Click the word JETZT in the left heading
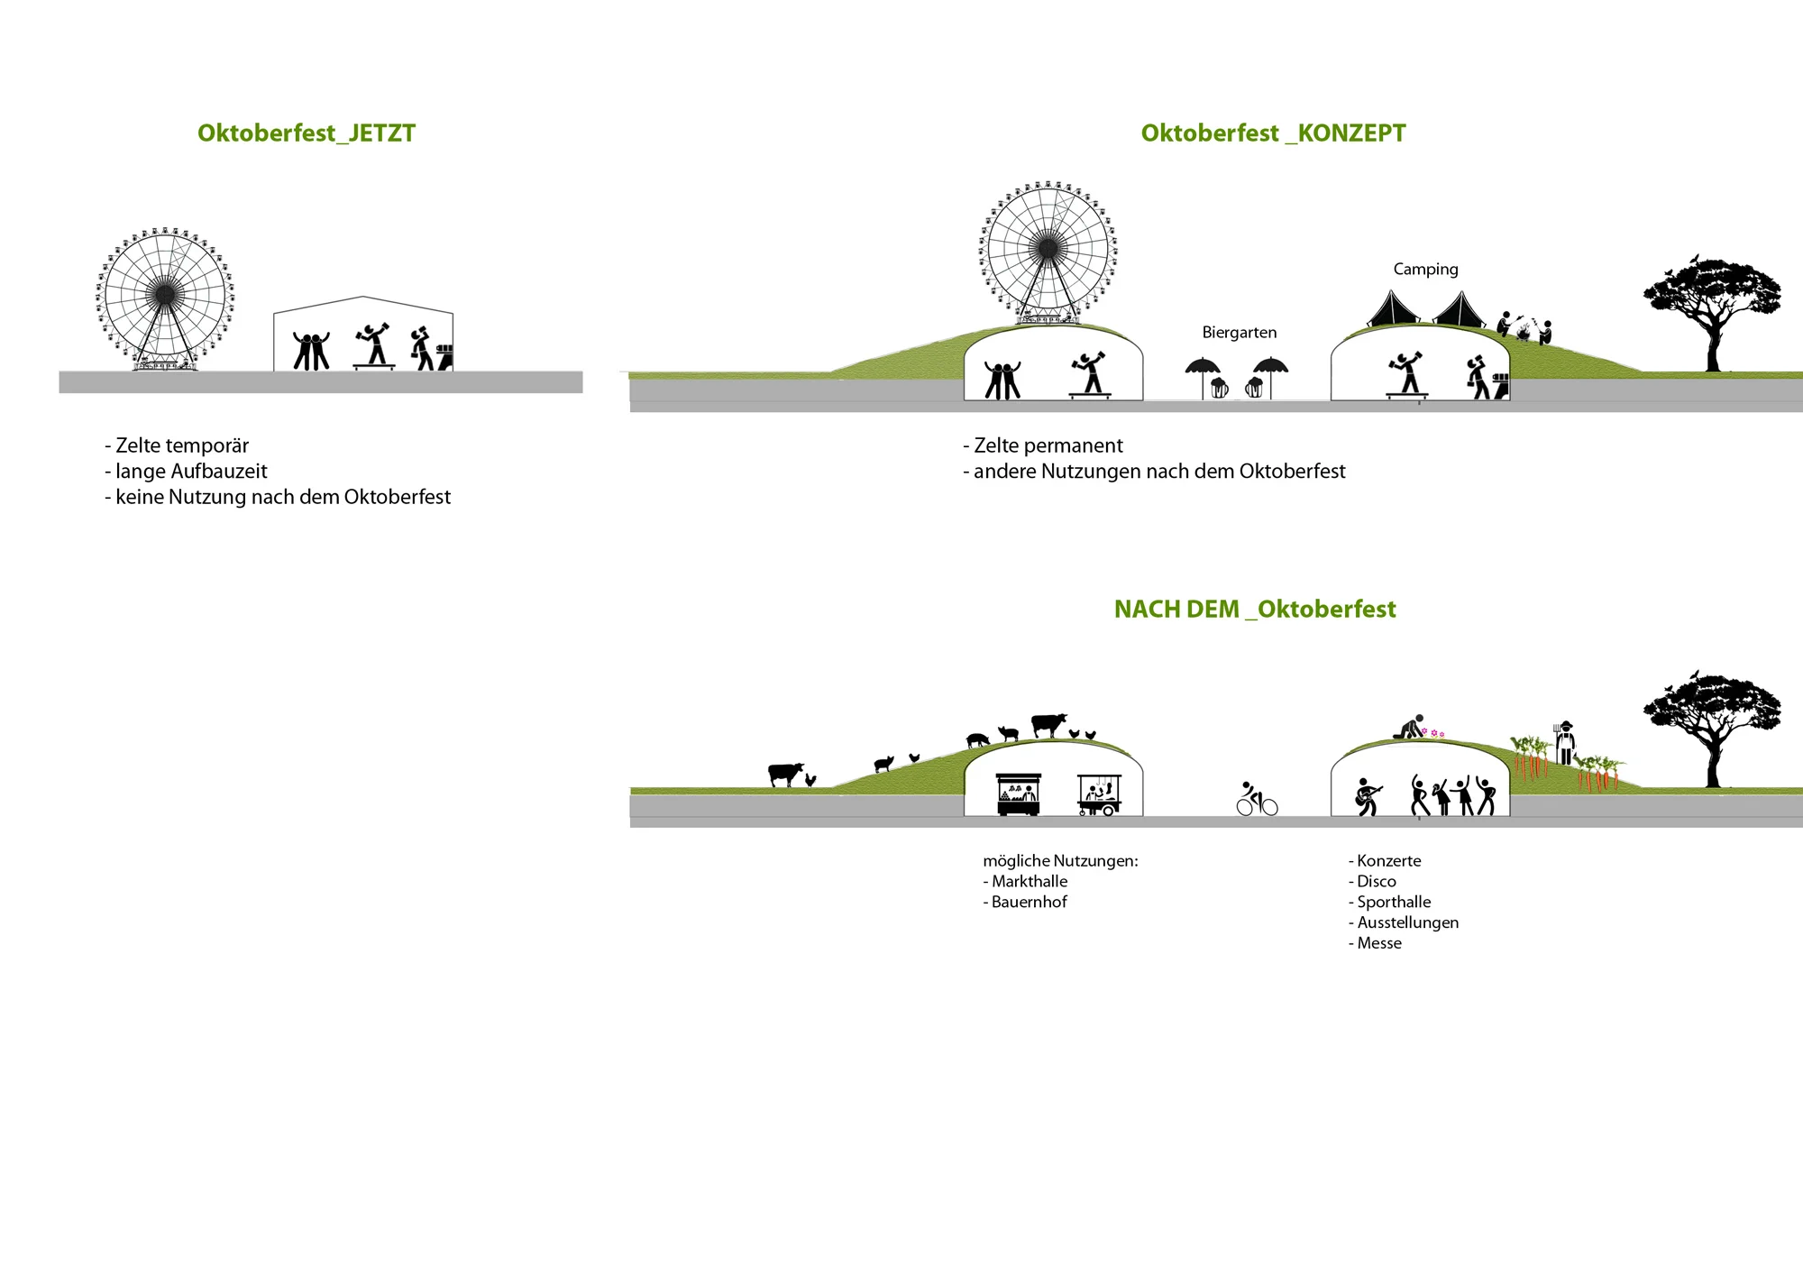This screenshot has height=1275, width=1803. tap(381, 133)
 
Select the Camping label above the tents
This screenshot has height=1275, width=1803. tap(1425, 269)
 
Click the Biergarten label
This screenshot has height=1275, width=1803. tap(1239, 333)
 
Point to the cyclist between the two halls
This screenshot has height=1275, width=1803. tap(1256, 799)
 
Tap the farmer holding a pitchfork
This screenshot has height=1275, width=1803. tap(1565, 743)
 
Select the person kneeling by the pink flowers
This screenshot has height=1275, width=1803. tap(1409, 727)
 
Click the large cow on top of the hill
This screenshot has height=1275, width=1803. tap(1048, 724)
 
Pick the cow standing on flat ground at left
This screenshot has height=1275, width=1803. tap(784, 774)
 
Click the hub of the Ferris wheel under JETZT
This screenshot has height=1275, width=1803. tap(165, 293)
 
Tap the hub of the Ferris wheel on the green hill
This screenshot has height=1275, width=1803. tap(1048, 247)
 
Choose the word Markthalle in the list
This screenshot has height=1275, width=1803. tap(1030, 882)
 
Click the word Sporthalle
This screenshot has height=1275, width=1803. tap(1394, 902)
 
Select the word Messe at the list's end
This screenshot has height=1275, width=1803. tap(1379, 943)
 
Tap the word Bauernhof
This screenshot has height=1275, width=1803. tap(1029, 902)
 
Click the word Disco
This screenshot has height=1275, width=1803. tap(1377, 882)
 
